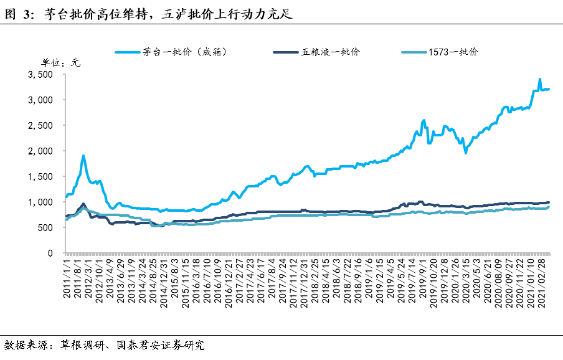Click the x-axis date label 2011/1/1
point(67,278)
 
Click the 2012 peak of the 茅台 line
point(83,156)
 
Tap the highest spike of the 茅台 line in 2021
point(540,80)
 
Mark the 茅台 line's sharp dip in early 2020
point(465,153)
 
